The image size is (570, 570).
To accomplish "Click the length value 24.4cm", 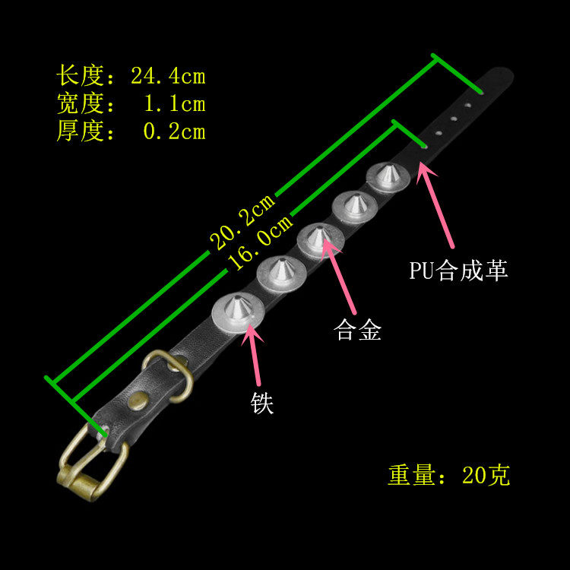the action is (168, 77).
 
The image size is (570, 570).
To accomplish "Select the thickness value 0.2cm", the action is (174, 131).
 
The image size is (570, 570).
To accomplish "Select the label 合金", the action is (358, 331).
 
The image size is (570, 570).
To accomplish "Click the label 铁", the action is (262, 403).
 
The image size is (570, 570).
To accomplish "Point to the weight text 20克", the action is (486, 476).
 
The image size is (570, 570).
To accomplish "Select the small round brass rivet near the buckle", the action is (139, 398).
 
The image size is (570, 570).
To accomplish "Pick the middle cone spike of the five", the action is (319, 236).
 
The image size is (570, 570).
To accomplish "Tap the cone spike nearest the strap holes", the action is (388, 176).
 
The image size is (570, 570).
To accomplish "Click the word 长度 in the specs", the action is (79, 77).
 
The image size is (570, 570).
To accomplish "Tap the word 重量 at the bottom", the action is (410, 476).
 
